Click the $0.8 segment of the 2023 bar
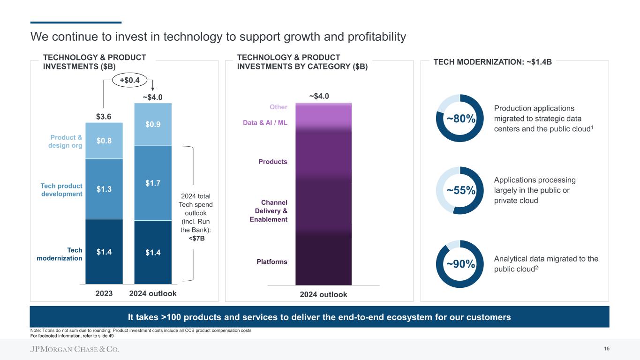[x=104, y=141]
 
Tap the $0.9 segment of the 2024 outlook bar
[x=153, y=124]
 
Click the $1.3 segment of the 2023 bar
[x=104, y=189]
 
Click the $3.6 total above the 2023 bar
[x=104, y=116]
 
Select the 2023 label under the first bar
[x=104, y=293]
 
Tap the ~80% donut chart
[x=460, y=119]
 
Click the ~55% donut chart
[x=460, y=190]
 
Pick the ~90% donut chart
[x=460, y=264]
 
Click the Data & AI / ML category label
[x=265, y=123]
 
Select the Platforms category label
[x=272, y=262]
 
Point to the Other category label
[x=279, y=107]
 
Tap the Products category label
[x=273, y=162]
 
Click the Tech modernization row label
[x=60, y=255]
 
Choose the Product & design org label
[x=66, y=142]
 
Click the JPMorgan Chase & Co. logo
[x=75, y=349]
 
